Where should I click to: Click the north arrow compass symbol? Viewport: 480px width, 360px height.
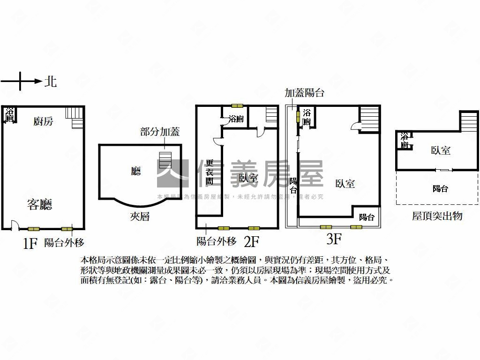[21, 81]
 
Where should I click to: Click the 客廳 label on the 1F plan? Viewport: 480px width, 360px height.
[39, 204]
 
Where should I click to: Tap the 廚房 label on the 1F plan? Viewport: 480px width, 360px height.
[43, 121]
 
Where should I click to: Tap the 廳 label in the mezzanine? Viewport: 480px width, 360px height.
[136, 171]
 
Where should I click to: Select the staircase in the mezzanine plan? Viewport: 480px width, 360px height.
[165, 159]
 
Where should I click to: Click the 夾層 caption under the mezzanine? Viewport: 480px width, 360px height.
[140, 217]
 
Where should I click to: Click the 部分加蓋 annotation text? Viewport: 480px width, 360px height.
[160, 132]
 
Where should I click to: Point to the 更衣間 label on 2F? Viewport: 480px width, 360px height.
[210, 172]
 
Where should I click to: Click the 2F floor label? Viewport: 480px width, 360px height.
[252, 242]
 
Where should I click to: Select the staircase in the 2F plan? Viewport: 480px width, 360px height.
[272, 116]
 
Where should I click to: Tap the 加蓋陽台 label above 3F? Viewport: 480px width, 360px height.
[304, 93]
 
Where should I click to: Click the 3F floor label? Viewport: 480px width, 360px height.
[333, 240]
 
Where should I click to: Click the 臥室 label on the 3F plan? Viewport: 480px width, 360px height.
[345, 184]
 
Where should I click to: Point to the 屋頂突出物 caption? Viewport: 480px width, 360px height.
[437, 216]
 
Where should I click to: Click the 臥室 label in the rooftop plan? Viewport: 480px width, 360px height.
[441, 150]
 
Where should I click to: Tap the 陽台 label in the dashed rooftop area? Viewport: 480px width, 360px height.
[440, 188]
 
